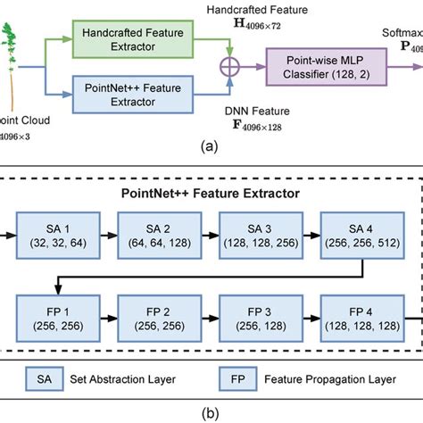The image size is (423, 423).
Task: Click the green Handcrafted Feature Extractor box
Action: [134, 41]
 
